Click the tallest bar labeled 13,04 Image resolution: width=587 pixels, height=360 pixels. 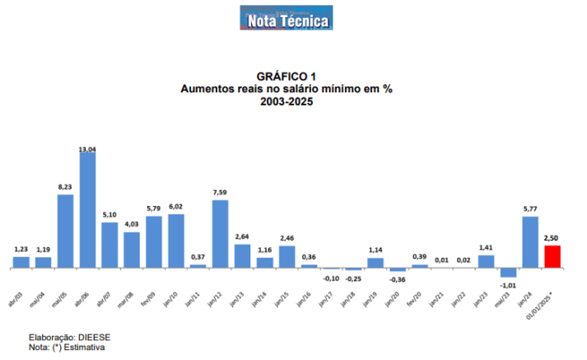(87, 210)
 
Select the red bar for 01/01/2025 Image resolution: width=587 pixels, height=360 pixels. (552, 256)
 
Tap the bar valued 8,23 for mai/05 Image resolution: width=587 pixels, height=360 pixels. (65, 231)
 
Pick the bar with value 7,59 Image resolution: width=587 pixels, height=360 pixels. (220, 234)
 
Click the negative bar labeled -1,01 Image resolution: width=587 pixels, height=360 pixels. (508, 273)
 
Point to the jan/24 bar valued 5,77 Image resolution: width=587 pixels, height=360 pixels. (530, 241)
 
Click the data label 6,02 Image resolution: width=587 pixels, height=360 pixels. (176, 207)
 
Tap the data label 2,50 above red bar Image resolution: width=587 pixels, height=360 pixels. (552, 238)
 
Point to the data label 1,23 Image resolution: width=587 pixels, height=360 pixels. (21, 250)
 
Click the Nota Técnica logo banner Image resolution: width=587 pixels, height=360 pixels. (287, 20)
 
